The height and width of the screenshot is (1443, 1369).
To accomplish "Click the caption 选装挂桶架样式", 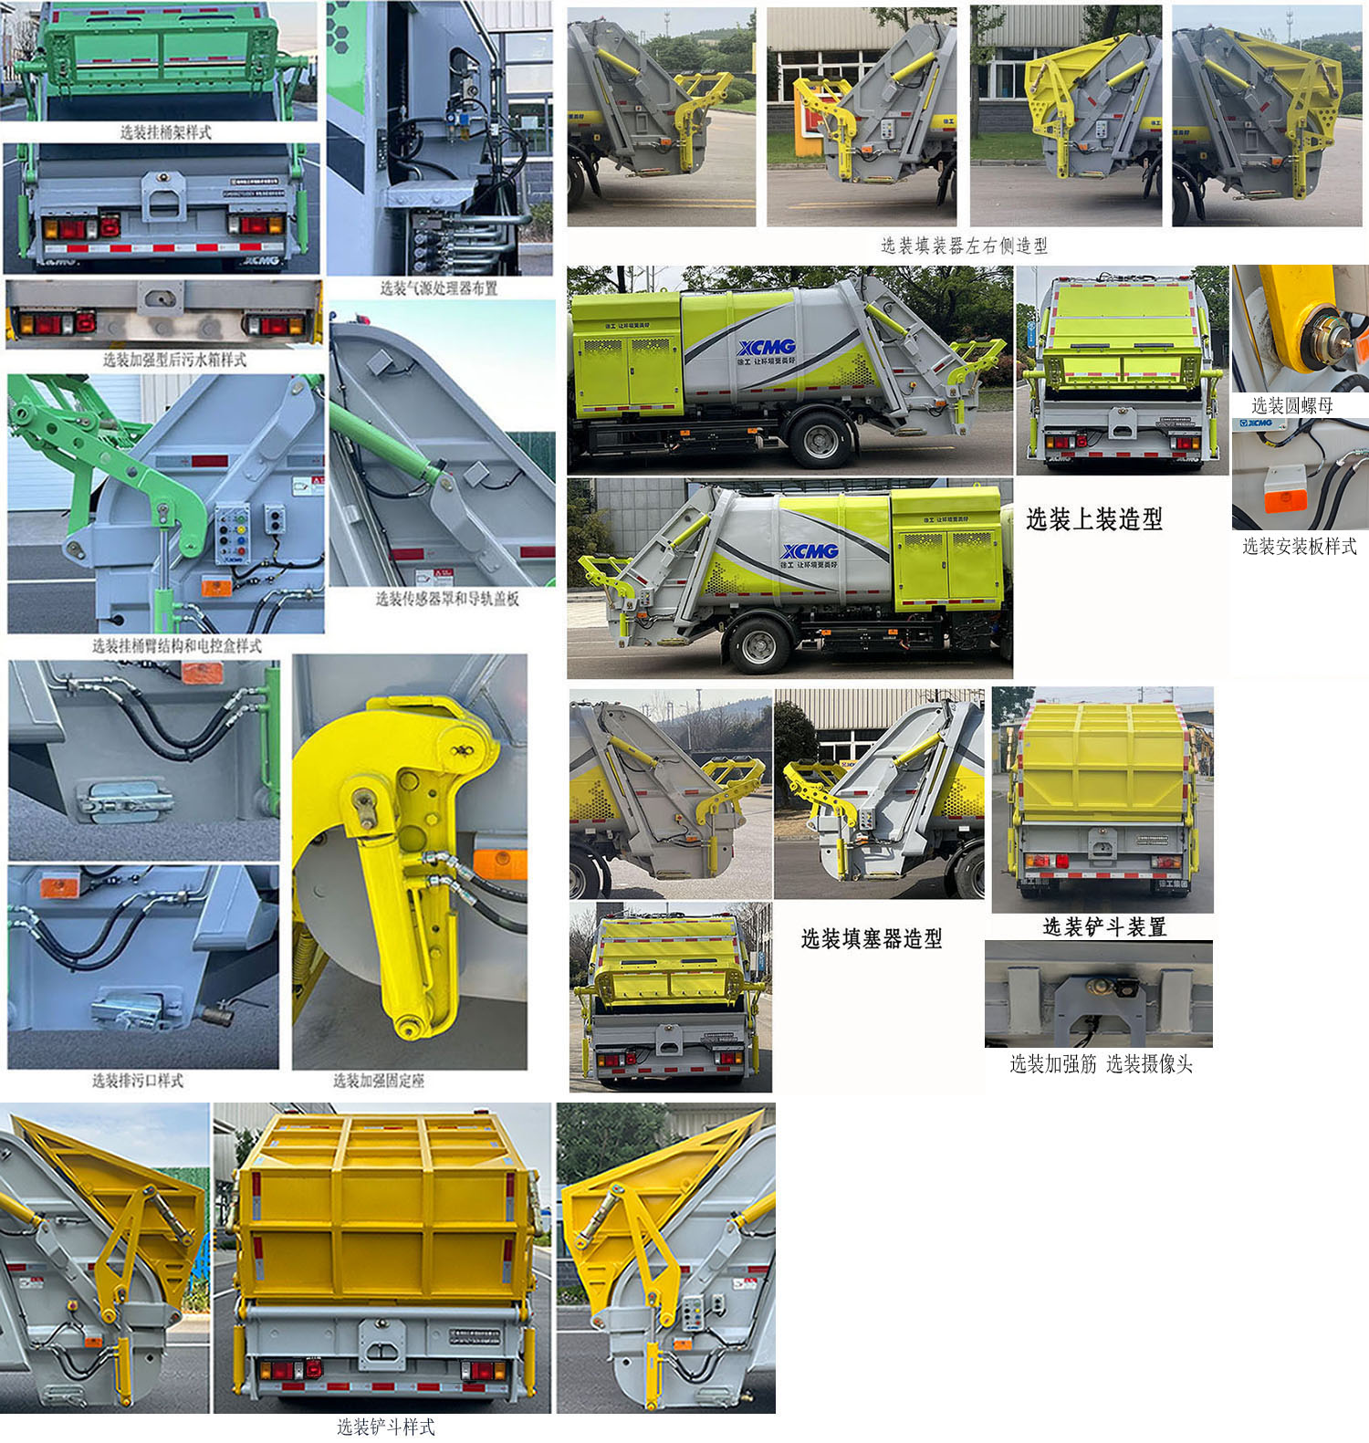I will (165, 132).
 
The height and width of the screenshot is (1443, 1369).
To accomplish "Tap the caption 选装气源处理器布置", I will (439, 288).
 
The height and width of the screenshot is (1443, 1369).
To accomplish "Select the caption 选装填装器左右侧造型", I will (964, 246).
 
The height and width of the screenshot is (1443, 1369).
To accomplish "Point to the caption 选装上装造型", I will (1094, 519).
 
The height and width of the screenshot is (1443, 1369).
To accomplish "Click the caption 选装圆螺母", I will (1292, 405).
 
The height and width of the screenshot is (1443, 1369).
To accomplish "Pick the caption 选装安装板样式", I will (1299, 546).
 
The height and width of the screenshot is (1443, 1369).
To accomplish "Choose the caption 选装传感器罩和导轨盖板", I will (447, 599).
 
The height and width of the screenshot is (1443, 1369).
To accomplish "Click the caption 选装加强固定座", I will (379, 1081).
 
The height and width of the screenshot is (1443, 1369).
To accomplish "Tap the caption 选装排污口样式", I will (138, 1081).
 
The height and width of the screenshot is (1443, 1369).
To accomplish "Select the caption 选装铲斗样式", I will (385, 1427).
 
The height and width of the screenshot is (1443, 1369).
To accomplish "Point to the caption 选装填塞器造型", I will (872, 938).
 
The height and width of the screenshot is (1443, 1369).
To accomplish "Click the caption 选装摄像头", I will (1149, 1063).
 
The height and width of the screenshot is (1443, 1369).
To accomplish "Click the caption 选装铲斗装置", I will (1104, 927).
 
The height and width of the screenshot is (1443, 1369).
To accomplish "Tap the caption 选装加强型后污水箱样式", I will (174, 360).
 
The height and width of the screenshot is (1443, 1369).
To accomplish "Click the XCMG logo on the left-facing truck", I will (767, 348).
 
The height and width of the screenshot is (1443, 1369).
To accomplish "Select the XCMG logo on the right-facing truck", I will (810, 551).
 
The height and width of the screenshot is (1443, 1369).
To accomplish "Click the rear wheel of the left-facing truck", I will (820, 439).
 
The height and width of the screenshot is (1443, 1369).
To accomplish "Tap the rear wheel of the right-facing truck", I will (759, 645).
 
